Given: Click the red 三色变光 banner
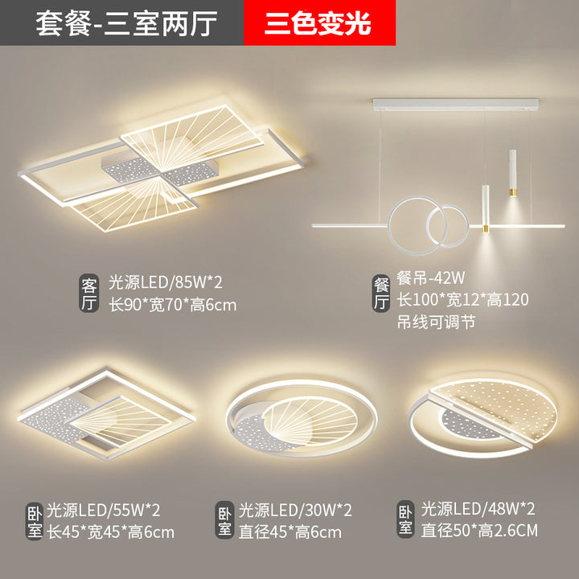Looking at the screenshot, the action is tap(320, 23).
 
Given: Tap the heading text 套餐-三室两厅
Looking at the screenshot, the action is tap(126, 23).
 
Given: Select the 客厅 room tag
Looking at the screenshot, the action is tap(89, 294).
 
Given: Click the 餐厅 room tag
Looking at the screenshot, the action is tap(381, 294).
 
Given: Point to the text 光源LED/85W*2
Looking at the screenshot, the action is tap(166, 282).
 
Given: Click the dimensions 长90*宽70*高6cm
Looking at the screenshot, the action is tap(172, 305).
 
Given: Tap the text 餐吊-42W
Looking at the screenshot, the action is tap(430, 277).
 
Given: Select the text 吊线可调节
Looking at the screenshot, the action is tap(436, 322).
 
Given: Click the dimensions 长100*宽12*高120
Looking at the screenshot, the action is tap(462, 299).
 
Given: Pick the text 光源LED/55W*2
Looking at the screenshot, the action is tap(104, 510).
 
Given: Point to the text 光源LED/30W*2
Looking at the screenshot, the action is tap(295, 510).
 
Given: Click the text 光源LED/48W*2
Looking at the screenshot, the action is tap(478, 508).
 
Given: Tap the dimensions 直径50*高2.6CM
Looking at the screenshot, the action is tap(479, 531).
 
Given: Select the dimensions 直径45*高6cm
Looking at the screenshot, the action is tap(289, 532).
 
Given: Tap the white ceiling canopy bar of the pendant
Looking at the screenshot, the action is tap(455, 105).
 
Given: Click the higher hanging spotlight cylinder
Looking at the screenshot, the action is tap(512, 173).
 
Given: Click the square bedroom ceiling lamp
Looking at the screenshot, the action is tap(106, 414).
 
